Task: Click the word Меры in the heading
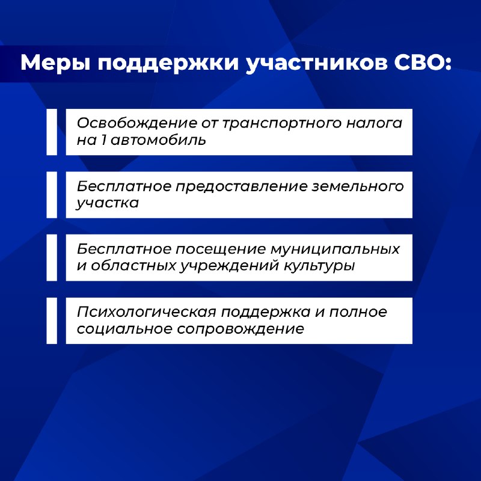pos(55,63)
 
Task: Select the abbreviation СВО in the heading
pos(423,63)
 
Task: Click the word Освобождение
pos(137,123)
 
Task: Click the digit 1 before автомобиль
pos(103,140)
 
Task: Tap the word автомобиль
pos(158,140)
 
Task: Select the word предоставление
pos(242,187)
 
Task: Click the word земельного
pos(358,186)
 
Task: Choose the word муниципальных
pos(335,250)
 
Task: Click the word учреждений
pos(230,266)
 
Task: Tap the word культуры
pos(319,266)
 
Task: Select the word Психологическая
pos(147,312)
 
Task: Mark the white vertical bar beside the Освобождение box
pos(52,132)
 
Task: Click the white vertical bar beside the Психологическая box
pos(52,320)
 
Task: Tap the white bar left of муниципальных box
pos(52,258)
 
